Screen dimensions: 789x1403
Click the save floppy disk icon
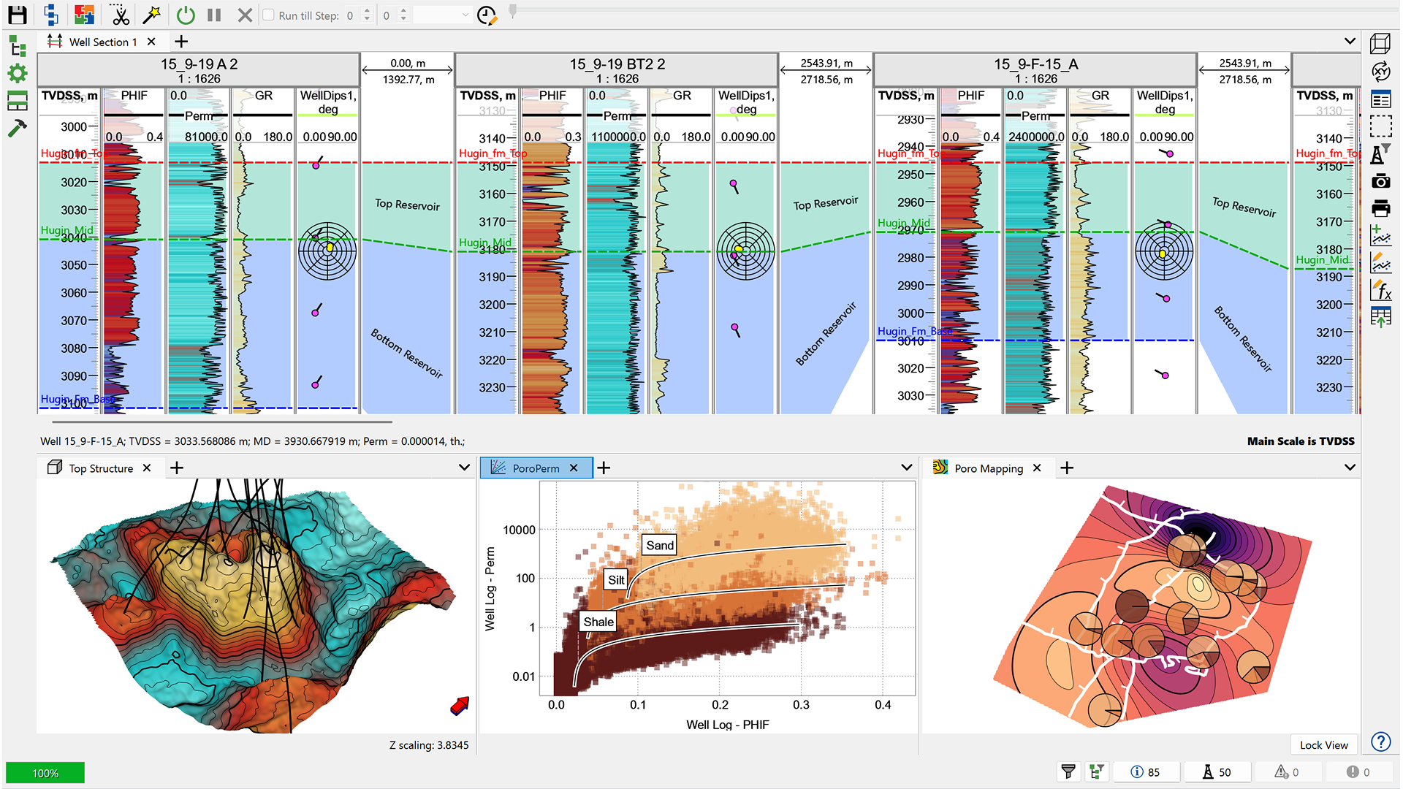18,15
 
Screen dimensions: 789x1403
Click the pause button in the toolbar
214,15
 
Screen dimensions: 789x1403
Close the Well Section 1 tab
151,42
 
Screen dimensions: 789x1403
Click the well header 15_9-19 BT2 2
617,64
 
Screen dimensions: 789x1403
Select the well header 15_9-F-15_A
1035,64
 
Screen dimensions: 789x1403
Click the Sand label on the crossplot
659,545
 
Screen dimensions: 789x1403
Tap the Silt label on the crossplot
616,580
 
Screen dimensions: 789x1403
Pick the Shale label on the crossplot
598,622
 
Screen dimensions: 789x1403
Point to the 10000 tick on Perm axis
519,530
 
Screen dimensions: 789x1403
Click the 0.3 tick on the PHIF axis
801,705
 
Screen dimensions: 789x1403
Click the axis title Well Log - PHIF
727,725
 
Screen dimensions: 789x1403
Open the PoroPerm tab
535,468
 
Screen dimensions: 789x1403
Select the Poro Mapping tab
988,468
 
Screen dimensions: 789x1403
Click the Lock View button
1323,744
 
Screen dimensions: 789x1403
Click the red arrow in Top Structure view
460,706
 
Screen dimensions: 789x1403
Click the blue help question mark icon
1380,742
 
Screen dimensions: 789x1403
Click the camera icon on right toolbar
1380,181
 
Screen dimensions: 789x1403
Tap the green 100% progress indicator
45,773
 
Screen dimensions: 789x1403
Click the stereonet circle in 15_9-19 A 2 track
327,251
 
